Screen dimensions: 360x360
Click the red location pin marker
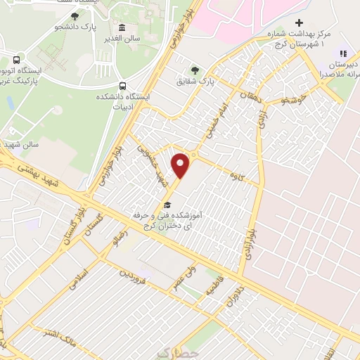182,165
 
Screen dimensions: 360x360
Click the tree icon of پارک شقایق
194,70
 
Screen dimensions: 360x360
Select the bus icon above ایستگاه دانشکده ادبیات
124,86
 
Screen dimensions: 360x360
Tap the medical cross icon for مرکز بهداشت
300,22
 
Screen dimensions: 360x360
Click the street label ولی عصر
184,275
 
